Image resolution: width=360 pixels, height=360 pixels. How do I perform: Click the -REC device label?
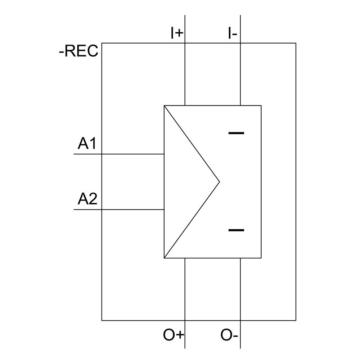pyautogui.click(x=78, y=51)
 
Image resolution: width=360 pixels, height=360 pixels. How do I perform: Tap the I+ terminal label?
pyautogui.click(x=177, y=33)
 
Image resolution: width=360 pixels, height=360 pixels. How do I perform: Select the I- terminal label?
pyautogui.click(x=232, y=33)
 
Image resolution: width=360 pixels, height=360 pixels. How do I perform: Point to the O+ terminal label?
pyautogui.click(x=174, y=335)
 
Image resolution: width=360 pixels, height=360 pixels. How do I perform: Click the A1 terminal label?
pyautogui.click(x=87, y=144)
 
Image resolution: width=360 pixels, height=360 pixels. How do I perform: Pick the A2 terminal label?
pyautogui.click(x=87, y=199)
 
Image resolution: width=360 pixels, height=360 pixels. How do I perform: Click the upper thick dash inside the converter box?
pyautogui.click(x=236, y=133)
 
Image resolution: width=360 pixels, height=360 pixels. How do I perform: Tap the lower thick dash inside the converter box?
pyautogui.click(x=236, y=230)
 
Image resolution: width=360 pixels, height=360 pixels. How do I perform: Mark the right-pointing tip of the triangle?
pyautogui.click(x=219, y=182)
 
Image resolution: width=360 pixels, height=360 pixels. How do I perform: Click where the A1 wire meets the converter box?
pyautogui.click(x=164, y=154)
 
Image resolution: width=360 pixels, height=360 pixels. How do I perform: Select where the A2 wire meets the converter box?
pyautogui.click(x=164, y=210)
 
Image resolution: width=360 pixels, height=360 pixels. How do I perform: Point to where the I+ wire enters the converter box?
pyautogui.click(x=185, y=105)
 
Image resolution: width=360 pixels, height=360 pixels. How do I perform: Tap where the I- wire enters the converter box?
pyautogui.click(x=240, y=105)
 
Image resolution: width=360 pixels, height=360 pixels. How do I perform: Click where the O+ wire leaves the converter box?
pyautogui.click(x=185, y=258)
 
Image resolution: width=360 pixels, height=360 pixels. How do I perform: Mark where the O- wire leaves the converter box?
pyautogui.click(x=240, y=258)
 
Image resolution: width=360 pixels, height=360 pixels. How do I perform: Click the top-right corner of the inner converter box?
pyautogui.click(x=261, y=105)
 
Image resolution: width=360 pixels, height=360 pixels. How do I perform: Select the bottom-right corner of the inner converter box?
pyautogui.click(x=261, y=258)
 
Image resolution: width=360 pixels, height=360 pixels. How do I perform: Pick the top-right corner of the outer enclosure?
pyautogui.click(x=296, y=43)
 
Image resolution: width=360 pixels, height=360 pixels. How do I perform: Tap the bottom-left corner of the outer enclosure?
pyautogui.click(x=102, y=320)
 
